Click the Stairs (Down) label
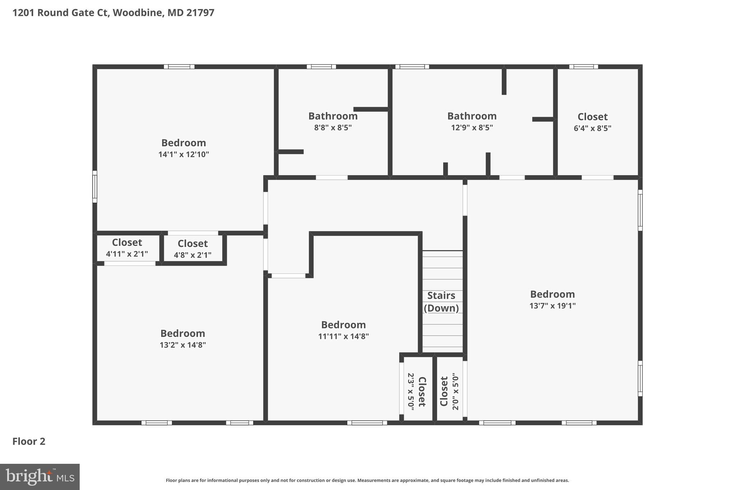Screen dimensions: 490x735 [441, 302]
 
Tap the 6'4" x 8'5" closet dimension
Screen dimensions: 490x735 [592, 128]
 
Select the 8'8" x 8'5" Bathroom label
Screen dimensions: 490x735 [333, 116]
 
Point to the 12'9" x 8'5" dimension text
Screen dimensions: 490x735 [472, 127]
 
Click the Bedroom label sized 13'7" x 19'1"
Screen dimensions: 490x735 [552, 294]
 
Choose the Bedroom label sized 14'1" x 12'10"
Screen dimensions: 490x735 [183, 143]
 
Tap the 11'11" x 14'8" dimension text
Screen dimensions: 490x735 [343, 336]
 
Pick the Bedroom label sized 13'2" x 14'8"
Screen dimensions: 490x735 [183, 333]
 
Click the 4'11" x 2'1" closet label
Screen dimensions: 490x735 [127, 242]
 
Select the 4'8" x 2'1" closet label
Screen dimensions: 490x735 [192, 243]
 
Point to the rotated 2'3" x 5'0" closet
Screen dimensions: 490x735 [417, 391]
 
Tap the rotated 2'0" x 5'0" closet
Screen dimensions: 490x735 [449, 391]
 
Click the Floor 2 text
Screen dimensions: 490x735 [29, 441]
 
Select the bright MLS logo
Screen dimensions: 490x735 [39, 477]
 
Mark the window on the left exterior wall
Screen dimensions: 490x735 [95, 186]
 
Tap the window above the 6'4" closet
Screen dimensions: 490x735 [583, 67]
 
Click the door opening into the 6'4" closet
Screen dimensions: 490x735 [597, 177]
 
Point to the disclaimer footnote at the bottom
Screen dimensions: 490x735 [367, 480]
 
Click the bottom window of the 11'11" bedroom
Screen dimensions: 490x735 [367, 423]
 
